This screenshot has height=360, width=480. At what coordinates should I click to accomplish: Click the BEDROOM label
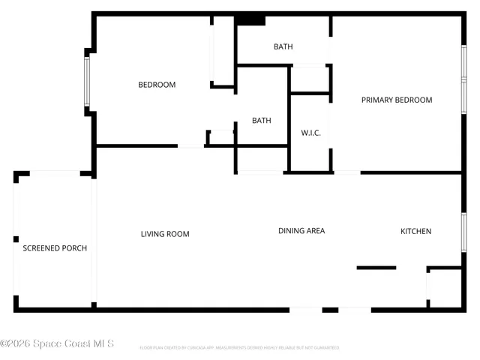157,85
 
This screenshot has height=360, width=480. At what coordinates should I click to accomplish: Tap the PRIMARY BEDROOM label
397,100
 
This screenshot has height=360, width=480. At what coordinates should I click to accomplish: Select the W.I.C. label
311,133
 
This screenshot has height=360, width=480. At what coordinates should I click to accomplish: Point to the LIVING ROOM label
165,234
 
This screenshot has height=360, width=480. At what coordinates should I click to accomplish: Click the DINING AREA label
301,231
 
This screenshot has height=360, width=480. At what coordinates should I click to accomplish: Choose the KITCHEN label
415,231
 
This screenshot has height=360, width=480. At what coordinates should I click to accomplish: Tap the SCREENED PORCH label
55,248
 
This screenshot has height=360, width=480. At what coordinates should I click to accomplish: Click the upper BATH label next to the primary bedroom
283,46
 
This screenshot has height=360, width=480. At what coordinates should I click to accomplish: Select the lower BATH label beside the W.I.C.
261,120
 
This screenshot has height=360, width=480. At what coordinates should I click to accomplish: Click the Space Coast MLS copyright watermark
57,344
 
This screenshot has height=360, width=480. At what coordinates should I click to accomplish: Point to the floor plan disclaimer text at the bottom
239,348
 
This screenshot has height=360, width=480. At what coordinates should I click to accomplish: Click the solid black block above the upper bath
250,20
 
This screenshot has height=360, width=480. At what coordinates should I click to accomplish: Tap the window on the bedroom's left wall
88,81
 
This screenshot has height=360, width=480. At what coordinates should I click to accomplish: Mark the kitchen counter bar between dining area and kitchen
376,267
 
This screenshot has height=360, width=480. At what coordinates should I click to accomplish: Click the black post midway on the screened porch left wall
16,239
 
